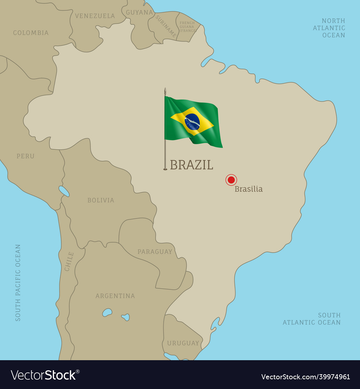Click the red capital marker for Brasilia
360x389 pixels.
pos(231,180)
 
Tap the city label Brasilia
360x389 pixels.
pos(248,189)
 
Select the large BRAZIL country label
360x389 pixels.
pos(192,165)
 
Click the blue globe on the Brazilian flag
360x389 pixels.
pos(192,122)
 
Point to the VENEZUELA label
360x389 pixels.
pos(95,16)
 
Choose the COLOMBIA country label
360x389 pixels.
pos(31,33)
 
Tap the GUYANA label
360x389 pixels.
pos(139,12)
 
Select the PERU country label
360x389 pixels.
pos(26,156)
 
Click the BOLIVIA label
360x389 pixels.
pos(101,200)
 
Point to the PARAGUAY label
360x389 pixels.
pos(155,252)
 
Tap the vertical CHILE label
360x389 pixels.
pos(69,261)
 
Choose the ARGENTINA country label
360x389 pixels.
pos(115,296)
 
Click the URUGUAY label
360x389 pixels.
pos(183,343)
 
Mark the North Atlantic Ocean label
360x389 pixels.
pos(329,28)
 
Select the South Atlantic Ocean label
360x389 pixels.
pos(312,319)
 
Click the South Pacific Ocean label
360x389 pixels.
pos(18,283)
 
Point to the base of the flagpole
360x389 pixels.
pos(165,169)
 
